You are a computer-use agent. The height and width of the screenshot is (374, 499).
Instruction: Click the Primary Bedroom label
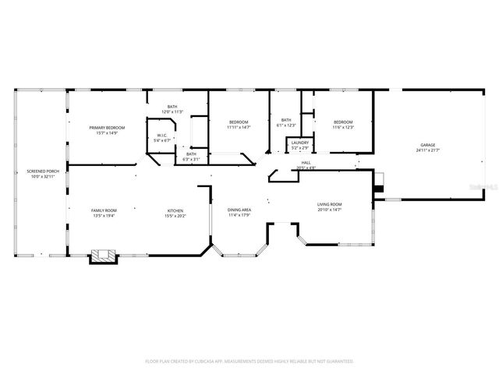pyautogui.click(x=108, y=127)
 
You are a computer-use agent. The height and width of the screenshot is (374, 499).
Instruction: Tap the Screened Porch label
pyautogui.click(x=43, y=171)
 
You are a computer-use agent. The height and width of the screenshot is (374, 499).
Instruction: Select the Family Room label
pyautogui.click(x=104, y=210)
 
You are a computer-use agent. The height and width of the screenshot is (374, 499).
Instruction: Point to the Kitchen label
pyautogui.click(x=175, y=210)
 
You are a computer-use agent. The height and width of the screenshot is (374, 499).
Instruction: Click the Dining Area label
pyautogui.click(x=239, y=210)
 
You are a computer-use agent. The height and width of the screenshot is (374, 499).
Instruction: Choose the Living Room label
pyautogui.click(x=330, y=205)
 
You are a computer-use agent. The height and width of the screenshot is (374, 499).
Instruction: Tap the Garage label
pyautogui.click(x=428, y=145)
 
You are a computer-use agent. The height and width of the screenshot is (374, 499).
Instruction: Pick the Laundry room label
pyautogui.click(x=299, y=143)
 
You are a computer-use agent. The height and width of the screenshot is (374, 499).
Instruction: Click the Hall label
pyautogui.click(x=306, y=163)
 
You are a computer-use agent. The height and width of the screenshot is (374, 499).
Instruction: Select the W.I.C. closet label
pyautogui.click(x=162, y=136)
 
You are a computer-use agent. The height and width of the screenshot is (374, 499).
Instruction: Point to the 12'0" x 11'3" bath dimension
pyautogui.click(x=172, y=112)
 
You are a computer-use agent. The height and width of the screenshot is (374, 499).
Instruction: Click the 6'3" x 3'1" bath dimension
pyautogui.click(x=191, y=159)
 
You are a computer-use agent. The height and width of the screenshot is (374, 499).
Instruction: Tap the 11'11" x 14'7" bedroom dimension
pyautogui.click(x=239, y=127)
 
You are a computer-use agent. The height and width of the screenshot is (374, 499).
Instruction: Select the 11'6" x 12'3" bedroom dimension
pyautogui.click(x=343, y=127)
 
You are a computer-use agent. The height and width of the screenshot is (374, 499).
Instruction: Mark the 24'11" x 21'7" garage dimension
pyautogui.click(x=428, y=150)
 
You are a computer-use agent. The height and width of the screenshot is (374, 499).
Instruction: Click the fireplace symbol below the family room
pyautogui.click(x=102, y=255)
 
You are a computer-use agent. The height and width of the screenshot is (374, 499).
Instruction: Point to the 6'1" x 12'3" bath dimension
pyautogui.click(x=285, y=125)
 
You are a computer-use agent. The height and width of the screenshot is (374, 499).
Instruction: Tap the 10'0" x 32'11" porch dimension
pyautogui.click(x=43, y=177)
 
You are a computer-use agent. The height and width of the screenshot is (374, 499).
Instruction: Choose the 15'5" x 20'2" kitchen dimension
pyautogui.click(x=175, y=216)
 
